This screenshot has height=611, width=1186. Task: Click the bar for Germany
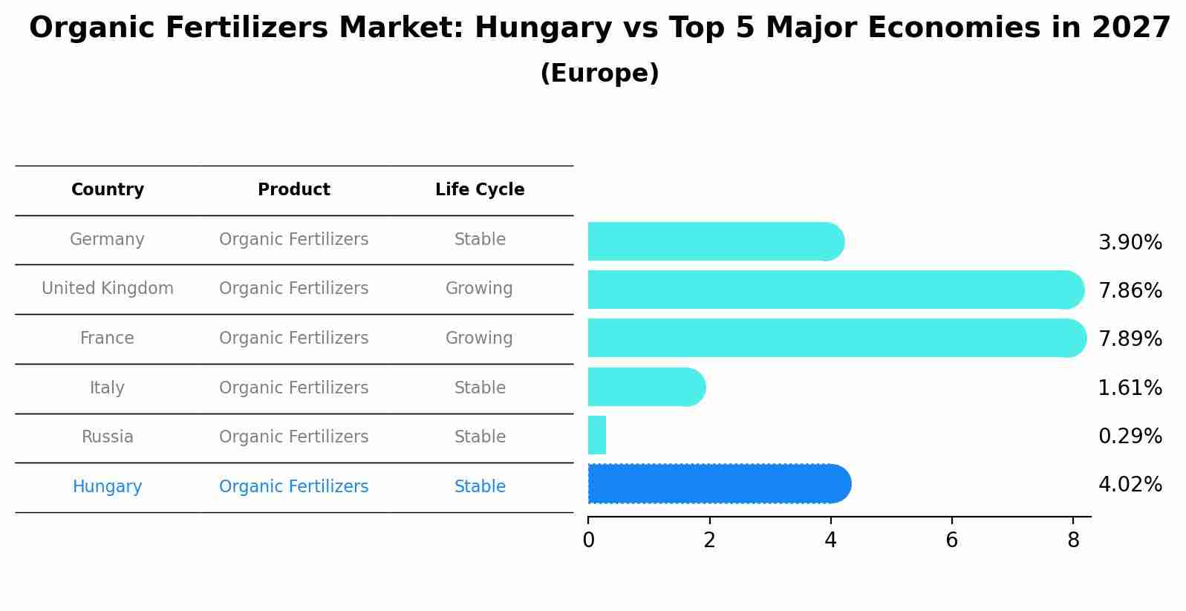(x=715, y=241)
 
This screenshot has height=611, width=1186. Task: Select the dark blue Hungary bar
(x=719, y=484)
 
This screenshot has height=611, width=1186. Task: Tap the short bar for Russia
(x=597, y=435)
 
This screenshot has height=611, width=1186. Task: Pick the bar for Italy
(x=646, y=387)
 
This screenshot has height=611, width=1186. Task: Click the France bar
(x=836, y=338)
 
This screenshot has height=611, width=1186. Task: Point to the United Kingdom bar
(x=835, y=290)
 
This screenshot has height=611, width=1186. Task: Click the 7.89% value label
(x=1130, y=339)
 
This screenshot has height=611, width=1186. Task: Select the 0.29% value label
(x=1130, y=437)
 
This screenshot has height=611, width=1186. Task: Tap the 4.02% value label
(x=1130, y=485)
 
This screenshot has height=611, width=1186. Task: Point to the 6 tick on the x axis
(x=951, y=540)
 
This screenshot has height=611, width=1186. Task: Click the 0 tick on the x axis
(x=588, y=540)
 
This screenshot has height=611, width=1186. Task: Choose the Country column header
(x=108, y=190)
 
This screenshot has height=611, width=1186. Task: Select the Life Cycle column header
(x=480, y=190)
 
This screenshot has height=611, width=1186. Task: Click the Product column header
(x=294, y=190)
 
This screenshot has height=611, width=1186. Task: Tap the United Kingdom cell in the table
(x=108, y=289)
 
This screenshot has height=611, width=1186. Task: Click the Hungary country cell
(x=108, y=487)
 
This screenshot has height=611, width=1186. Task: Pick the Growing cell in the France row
(x=479, y=339)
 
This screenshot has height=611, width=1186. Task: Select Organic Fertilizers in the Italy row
(x=294, y=388)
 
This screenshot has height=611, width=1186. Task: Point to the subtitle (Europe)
(x=599, y=73)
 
